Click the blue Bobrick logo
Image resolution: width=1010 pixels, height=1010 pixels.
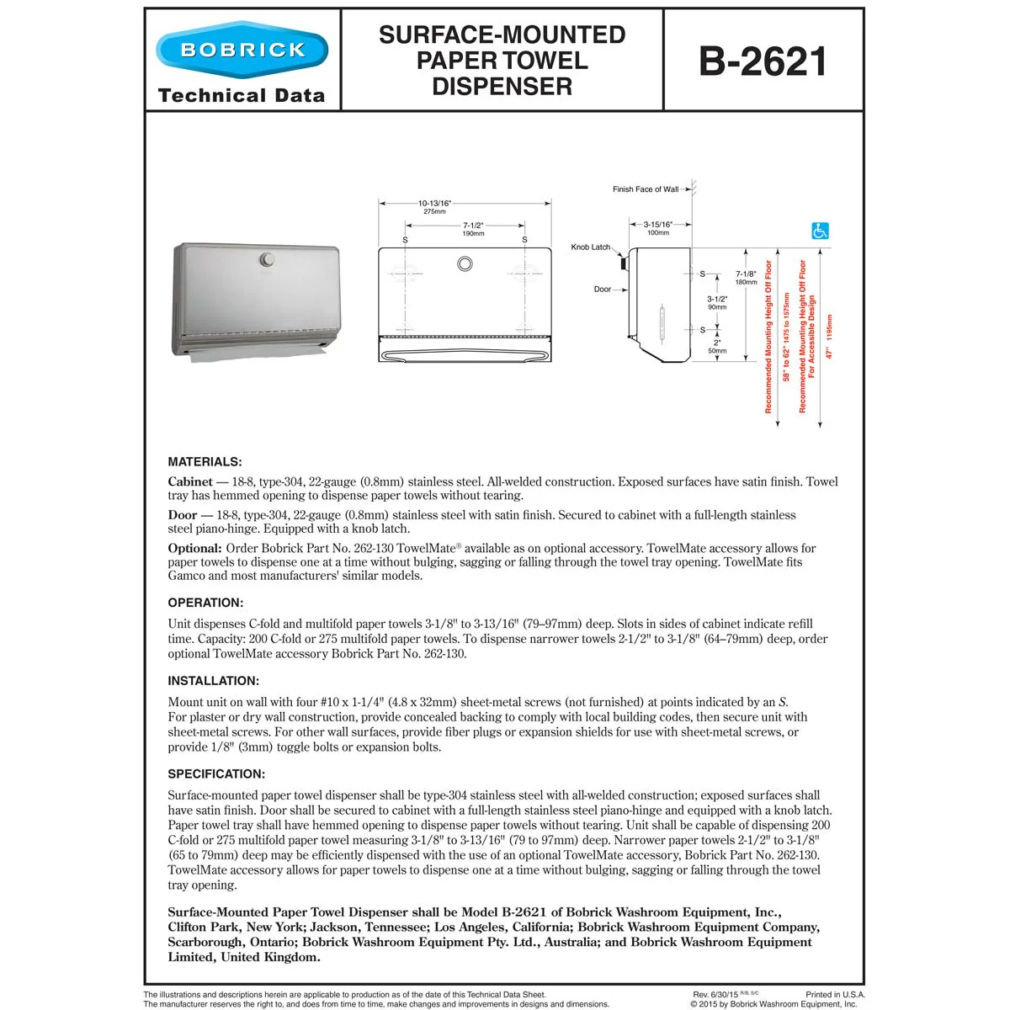[x=242, y=50]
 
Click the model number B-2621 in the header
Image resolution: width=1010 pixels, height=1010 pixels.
[x=763, y=61]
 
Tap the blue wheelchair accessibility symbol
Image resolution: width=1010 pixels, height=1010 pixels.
[x=820, y=231]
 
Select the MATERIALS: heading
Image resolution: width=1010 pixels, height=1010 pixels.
[x=205, y=462]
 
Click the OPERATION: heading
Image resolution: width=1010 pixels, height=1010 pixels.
[x=205, y=603]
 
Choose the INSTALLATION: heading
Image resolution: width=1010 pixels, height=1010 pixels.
[x=213, y=681]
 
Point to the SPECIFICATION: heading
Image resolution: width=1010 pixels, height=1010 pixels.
[x=216, y=774]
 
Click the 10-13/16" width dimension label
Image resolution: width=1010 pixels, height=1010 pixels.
[x=435, y=203]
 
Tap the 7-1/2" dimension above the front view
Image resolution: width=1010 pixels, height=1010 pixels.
[x=473, y=226]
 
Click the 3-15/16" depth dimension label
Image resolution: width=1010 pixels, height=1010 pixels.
[x=658, y=225]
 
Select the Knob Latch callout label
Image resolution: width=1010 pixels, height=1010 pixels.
[x=590, y=247]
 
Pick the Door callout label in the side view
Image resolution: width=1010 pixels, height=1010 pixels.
[x=603, y=290]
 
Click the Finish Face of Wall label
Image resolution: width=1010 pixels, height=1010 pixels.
[x=645, y=189]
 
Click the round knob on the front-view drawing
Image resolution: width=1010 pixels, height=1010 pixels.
[x=465, y=264]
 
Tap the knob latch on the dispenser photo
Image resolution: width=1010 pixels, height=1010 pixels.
[x=267, y=259]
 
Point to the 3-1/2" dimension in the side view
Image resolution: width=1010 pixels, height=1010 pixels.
[x=717, y=299]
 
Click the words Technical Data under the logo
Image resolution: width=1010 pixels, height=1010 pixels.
[x=242, y=96]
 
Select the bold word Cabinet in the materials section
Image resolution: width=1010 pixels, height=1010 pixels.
[x=190, y=482]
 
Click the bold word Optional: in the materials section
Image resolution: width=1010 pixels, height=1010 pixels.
[x=194, y=549]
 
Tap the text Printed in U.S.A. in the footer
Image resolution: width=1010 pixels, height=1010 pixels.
[x=835, y=995]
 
